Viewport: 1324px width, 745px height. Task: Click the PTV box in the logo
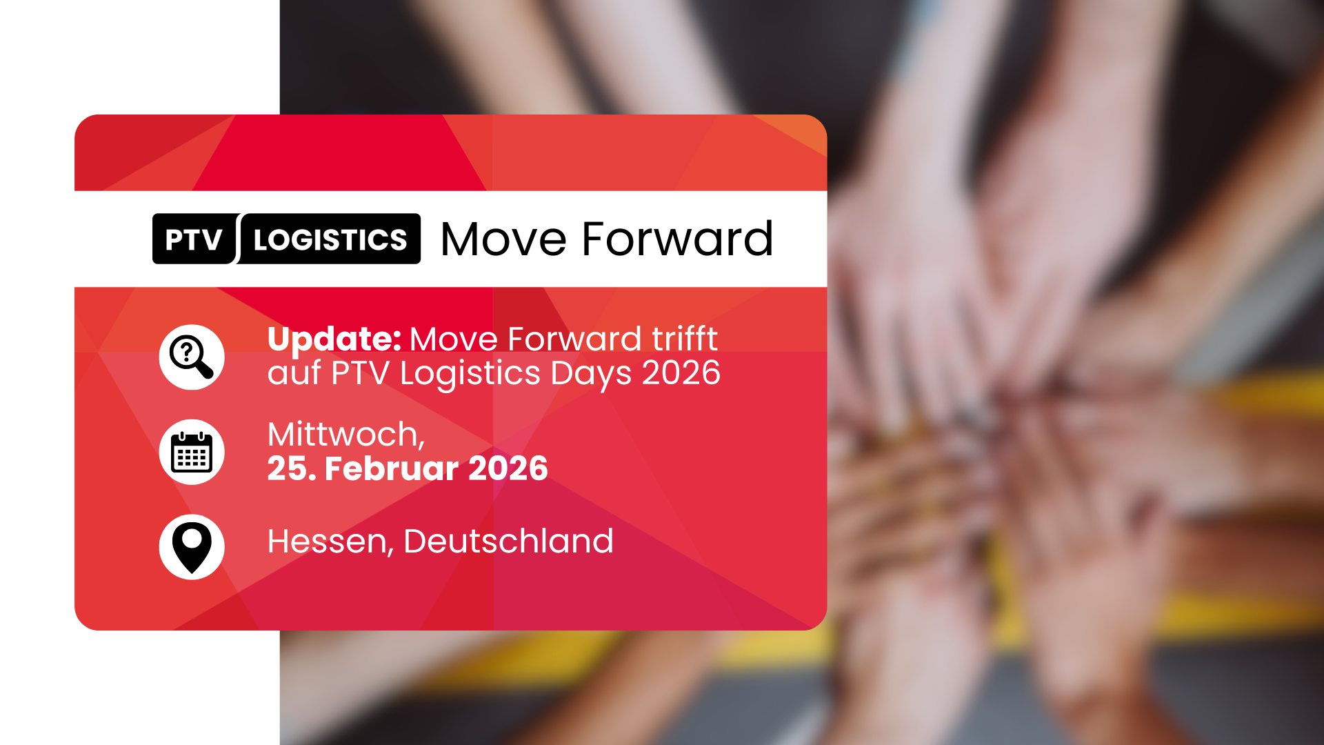coord(194,239)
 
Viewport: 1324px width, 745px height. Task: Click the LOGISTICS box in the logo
coord(330,239)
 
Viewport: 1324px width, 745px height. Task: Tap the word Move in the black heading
coord(503,239)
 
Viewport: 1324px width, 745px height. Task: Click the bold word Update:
coord(334,339)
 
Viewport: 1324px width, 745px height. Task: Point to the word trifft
coord(684,339)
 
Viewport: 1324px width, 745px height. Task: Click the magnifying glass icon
coord(192,357)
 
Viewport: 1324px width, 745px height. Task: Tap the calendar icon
coord(192,452)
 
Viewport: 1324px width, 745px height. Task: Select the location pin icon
coord(192,547)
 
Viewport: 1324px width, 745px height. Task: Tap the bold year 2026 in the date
coord(508,469)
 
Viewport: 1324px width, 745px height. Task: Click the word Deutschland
coord(508,542)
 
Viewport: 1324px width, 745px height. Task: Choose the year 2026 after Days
coord(681,373)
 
